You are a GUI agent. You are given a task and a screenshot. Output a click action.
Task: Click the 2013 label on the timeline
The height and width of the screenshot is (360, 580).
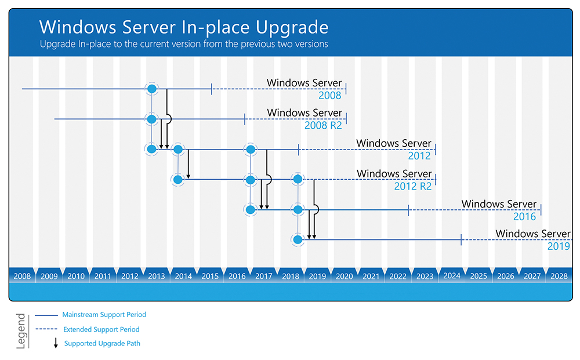pyautogui.click(x=157, y=276)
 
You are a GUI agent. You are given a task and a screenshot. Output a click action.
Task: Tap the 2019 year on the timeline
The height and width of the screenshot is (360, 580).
pyautogui.click(x=317, y=276)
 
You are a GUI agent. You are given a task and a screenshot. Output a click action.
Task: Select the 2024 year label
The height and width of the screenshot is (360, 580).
pyautogui.click(x=452, y=276)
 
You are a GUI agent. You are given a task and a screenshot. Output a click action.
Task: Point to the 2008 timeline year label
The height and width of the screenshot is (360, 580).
pyautogui.click(x=22, y=276)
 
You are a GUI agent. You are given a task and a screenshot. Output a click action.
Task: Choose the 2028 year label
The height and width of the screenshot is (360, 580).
pyautogui.click(x=559, y=276)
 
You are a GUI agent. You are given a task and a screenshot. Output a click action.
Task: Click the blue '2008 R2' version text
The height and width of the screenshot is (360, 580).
pyautogui.click(x=323, y=125)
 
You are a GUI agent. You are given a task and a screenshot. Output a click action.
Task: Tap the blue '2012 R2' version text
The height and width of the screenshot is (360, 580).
pyautogui.click(x=413, y=186)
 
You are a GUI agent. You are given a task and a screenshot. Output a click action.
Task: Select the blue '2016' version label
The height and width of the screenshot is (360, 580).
pyautogui.click(x=524, y=217)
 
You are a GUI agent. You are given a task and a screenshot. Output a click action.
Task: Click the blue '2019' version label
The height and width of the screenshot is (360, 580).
pyautogui.click(x=559, y=246)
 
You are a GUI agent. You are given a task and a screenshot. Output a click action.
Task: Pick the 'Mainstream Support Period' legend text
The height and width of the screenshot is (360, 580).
pyautogui.click(x=104, y=315)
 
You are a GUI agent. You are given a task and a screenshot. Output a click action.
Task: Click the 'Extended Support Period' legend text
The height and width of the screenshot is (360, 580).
pyautogui.click(x=101, y=329)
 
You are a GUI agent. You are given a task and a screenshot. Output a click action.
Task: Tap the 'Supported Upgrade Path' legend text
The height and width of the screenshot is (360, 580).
pyautogui.click(x=102, y=343)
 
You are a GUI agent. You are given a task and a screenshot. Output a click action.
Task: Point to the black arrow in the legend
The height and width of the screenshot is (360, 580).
pyautogui.click(x=56, y=343)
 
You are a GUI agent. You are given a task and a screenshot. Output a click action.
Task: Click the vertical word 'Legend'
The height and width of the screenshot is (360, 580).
pyautogui.click(x=21, y=331)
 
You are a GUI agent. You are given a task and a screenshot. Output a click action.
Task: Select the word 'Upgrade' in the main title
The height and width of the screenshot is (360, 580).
pyautogui.click(x=292, y=28)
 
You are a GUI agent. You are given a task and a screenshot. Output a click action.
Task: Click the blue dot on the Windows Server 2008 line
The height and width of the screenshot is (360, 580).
pyautogui.click(x=151, y=89)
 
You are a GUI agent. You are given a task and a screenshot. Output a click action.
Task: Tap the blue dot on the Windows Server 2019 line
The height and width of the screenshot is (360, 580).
pyautogui.click(x=298, y=239)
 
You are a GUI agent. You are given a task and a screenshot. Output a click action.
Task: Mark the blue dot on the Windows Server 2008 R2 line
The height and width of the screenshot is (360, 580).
pyautogui.click(x=151, y=119)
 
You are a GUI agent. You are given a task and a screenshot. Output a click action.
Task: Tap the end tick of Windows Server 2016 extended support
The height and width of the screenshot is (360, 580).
pyautogui.click(x=541, y=210)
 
